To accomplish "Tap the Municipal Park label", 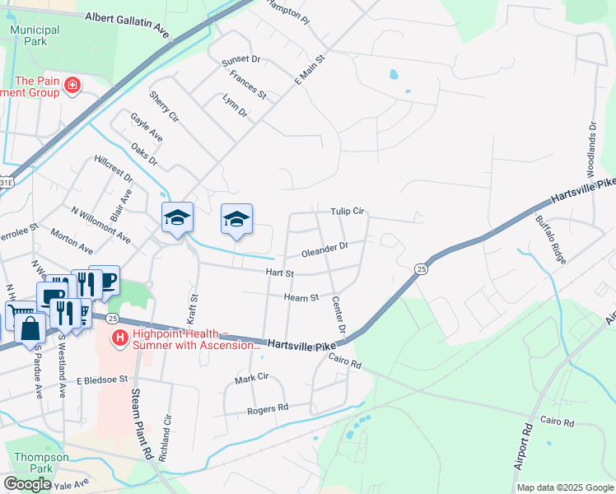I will (35, 35).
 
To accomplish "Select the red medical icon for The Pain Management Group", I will (72, 85).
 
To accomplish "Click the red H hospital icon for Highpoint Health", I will (120, 338).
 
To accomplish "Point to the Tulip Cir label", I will (348, 212).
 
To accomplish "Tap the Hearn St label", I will (301, 297).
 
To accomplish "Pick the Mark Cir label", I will (252, 378).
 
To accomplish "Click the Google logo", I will (27, 483).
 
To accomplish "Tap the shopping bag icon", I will (30, 328).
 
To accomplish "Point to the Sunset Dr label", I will (240, 59).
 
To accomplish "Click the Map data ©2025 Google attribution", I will (565, 487).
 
